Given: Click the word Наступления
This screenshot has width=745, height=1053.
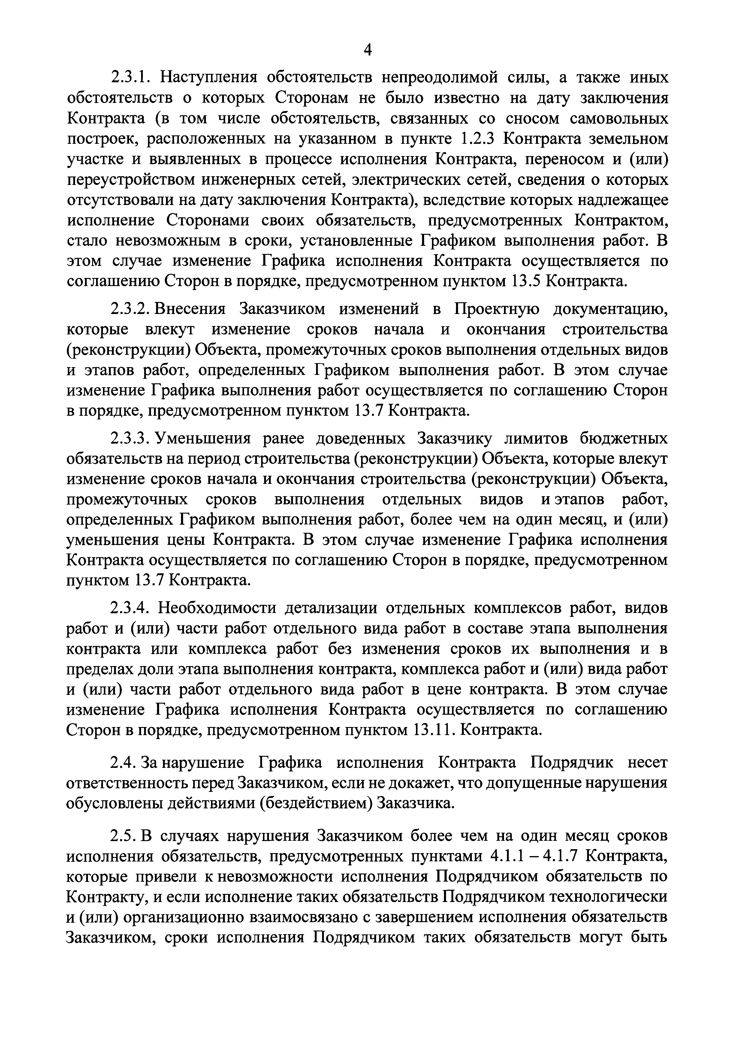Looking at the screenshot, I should (x=207, y=77).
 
